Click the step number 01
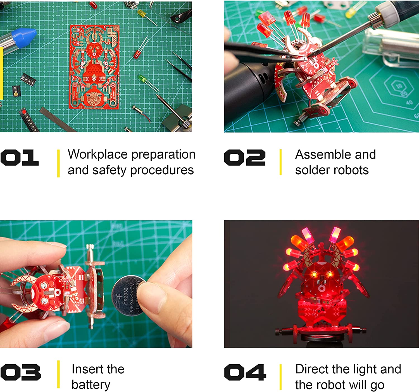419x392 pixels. click(20, 158)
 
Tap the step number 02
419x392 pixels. click(245, 158)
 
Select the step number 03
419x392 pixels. click(21, 372)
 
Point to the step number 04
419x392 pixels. click(245, 372)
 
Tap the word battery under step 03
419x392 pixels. click(91, 385)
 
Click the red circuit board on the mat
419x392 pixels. click(94, 67)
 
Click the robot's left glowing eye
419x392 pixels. click(314, 275)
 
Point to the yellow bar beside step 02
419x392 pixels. click(280, 162)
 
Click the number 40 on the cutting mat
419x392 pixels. click(409, 102)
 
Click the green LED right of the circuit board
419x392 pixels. click(142, 78)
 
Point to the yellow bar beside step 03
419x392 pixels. click(58, 374)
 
